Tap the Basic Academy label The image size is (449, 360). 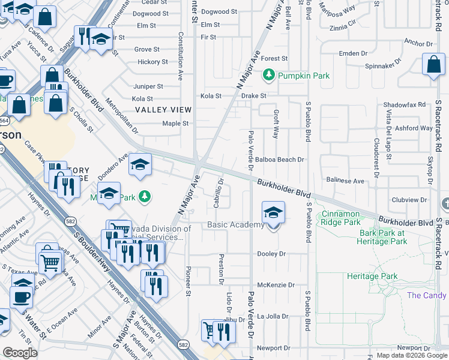235,225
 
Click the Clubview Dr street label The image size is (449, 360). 408,200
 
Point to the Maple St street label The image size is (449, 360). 176,124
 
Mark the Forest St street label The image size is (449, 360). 274,59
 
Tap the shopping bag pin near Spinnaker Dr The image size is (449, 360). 433,65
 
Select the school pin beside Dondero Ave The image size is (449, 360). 139,166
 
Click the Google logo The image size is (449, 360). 20,353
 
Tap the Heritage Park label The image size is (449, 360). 372,277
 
